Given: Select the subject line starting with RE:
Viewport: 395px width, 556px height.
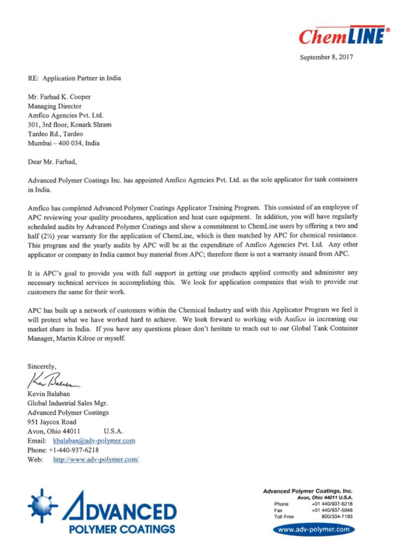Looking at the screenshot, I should [74, 78].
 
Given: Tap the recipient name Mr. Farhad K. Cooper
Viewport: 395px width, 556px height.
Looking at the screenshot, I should [59, 97].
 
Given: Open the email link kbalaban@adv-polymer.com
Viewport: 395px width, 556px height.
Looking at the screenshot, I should [94, 440].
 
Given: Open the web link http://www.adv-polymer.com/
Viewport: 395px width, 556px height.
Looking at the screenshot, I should [96, 459].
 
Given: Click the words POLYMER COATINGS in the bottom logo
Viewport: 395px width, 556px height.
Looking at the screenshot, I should [124, 528].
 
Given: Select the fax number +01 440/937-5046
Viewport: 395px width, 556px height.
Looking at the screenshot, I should [332, 510].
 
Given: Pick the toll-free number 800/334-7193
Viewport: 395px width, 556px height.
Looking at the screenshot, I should [336, 517].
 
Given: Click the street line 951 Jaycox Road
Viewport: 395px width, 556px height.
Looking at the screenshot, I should [52, 421].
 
